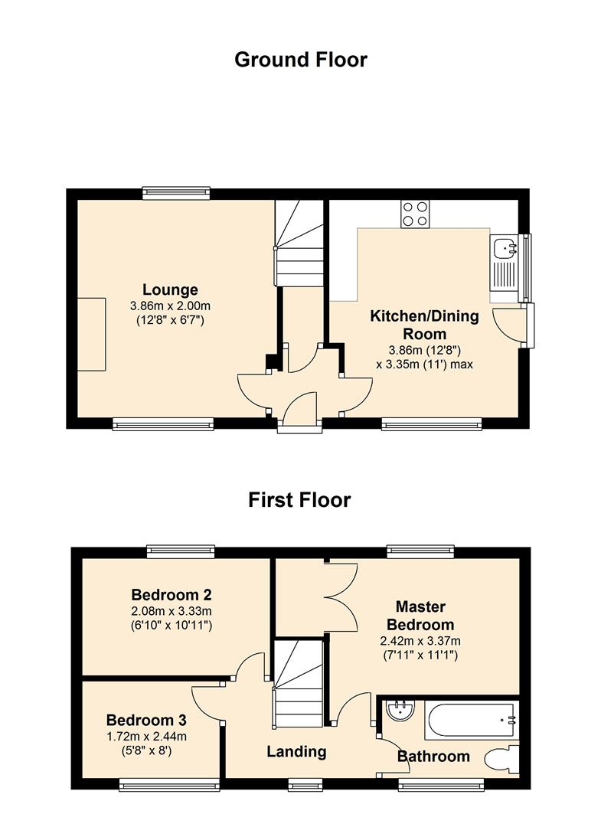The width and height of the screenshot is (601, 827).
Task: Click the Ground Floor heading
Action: click(300, 60)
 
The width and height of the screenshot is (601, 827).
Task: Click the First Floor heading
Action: click(299, 500)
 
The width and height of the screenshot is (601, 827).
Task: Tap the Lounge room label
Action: click(170, 289)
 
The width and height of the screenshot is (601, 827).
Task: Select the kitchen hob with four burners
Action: click(415, 213)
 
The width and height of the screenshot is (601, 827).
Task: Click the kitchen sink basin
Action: click(505, 248)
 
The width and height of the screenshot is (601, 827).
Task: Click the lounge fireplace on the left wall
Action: click(90, 335)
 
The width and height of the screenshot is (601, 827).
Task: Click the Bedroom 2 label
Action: click(171, 595)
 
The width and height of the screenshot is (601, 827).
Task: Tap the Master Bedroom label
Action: click(420, 616)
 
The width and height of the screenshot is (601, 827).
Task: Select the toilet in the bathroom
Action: click(502, 760)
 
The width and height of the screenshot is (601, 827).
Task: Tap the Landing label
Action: click(296, 752)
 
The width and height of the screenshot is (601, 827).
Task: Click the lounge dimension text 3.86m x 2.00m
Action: click(170, 306)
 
